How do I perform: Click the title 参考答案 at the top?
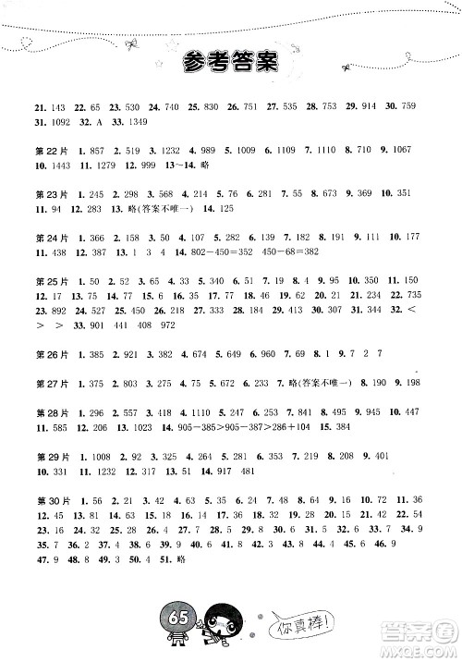pyautogui.click(x=231, y=63)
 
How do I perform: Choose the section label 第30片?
pyautogui.click(x=44, y=498)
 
